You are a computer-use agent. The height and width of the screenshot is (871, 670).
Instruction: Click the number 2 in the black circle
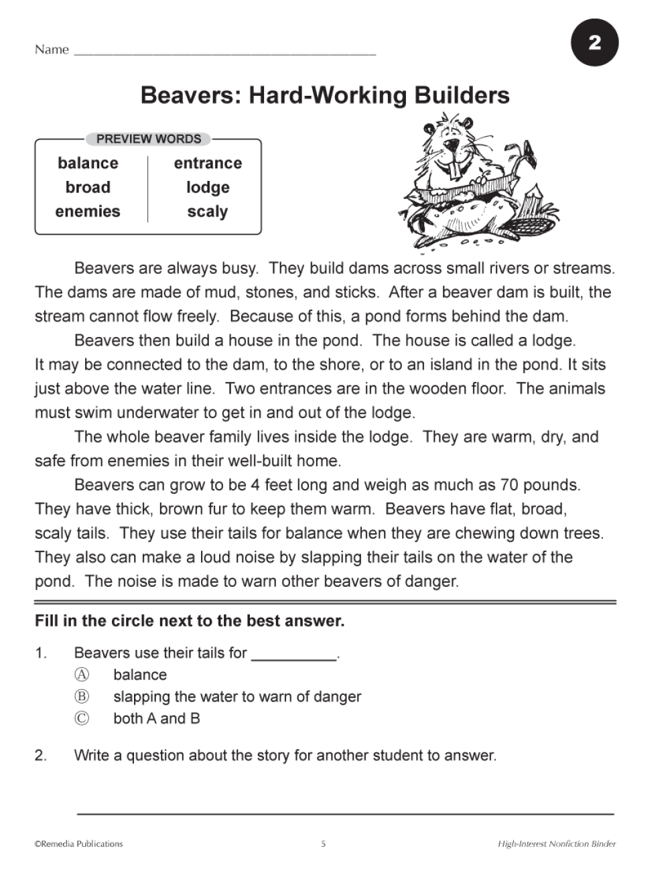[x=594, y=43]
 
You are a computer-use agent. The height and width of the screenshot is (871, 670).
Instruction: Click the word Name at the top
[x=52, y=50]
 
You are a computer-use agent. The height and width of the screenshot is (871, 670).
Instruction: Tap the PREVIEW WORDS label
[x=149, y=139]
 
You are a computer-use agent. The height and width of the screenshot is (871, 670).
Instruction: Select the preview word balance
[x=88, y=163]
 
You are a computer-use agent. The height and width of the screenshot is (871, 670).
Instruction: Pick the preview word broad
[x=88, y=188]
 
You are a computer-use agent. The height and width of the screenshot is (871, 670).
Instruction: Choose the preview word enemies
[x=88, y=212]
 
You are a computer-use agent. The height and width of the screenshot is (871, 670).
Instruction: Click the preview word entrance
[x=208, y=163]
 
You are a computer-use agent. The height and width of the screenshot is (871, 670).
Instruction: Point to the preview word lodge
[x=208, y=188]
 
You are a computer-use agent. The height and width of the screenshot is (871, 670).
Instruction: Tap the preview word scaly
[x=208, y=212]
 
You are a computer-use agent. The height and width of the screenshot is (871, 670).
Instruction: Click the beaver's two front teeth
[x=456, y=172]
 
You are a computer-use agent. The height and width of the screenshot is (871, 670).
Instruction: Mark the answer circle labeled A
[x=81, y=675]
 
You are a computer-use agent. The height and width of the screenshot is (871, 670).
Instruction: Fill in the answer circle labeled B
[x=81, y=697]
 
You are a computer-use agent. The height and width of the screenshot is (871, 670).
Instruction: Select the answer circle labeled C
[x=81, y=719]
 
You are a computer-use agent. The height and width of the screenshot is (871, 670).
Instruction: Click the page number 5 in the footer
[x=324, y=844]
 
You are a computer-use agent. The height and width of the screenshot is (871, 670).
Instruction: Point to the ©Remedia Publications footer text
[x=79, y=844]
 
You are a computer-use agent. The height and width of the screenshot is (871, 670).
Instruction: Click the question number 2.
[x=40, y=756]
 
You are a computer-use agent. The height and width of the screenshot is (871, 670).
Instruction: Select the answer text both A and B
[x=157, y=719]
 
